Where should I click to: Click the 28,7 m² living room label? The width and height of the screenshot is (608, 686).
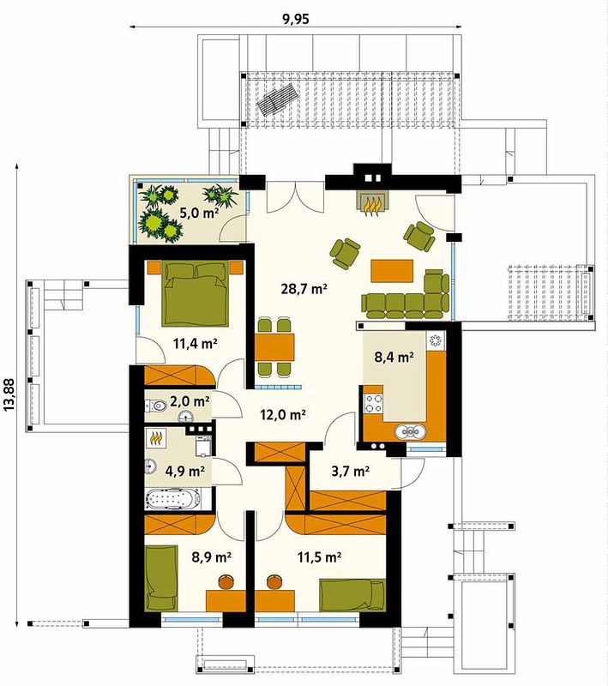(304, 289)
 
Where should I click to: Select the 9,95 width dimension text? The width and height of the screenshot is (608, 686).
(296, 19)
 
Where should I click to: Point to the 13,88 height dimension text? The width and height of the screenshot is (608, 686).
(9, 394)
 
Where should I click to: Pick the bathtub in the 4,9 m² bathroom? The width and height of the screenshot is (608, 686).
(173, 499)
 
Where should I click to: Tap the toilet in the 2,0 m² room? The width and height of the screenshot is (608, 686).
(156, 406)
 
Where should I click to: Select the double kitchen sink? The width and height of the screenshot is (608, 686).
(410, 432)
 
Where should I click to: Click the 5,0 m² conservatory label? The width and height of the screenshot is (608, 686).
(200, 213)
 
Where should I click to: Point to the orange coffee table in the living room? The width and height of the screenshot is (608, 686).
(392, 271)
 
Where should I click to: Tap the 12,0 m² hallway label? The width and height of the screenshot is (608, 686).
(283, 414)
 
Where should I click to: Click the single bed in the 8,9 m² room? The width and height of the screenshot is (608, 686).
(161, 578)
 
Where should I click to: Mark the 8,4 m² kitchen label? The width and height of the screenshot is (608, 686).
(394, 357)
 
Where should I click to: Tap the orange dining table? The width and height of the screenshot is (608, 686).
(274, 347)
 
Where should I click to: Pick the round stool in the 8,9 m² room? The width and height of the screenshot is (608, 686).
(226, 581)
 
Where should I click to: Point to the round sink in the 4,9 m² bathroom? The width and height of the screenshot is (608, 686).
(150, 466)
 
